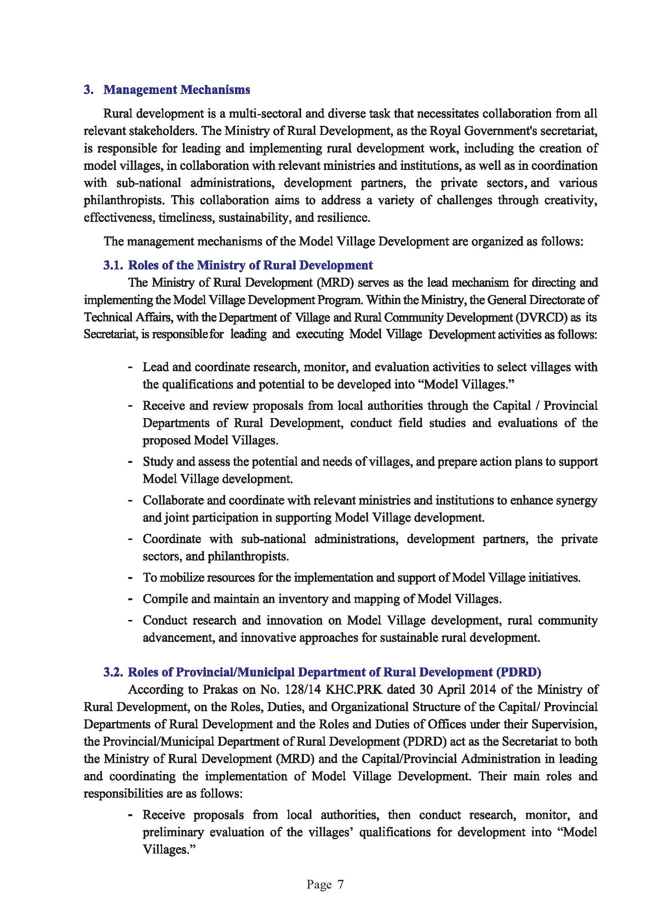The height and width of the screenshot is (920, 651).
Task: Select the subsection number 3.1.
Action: click(x=113, y=265)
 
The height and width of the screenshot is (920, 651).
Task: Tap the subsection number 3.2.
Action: click(x=113, y=672)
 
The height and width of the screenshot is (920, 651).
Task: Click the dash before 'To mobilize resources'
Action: click(x=130, y=578)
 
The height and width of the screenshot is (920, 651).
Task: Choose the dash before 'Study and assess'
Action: click(x=130, y=462)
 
